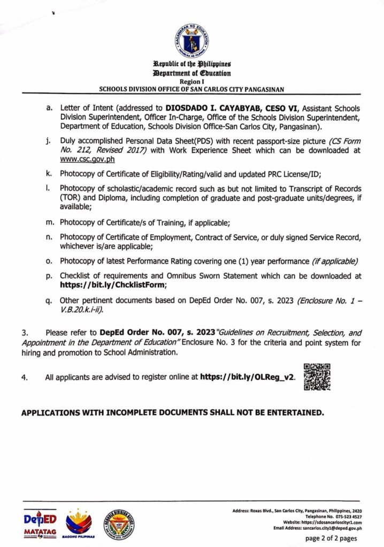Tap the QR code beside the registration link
point(317,377)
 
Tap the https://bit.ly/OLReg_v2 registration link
point(247,378)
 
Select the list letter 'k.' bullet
point(50,174)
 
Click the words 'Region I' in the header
point(191,82)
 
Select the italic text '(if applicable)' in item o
point(335,261)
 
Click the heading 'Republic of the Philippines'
point(191,65)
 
